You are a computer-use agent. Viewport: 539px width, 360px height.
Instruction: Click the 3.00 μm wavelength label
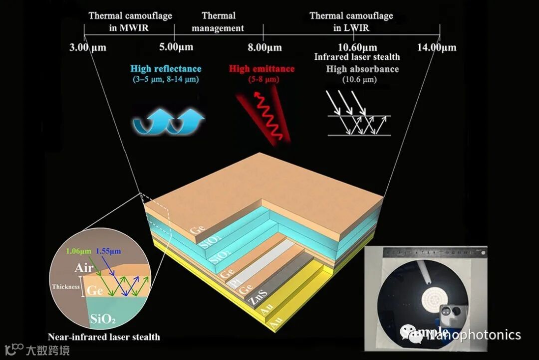(88, 48)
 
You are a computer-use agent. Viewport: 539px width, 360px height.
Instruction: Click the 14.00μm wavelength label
(437, 48)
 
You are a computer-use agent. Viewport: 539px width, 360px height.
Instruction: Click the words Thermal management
(218, 22)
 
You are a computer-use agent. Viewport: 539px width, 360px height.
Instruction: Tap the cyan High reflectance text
(166, 69)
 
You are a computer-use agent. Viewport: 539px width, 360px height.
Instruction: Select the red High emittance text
(262, 69)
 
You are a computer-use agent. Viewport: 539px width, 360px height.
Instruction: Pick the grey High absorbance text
(362, 69)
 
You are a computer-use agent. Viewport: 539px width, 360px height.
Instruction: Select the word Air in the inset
(84, 269)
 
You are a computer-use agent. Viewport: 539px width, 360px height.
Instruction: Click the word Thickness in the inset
(66, 287)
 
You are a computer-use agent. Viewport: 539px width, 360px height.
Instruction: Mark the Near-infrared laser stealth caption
(104, 337)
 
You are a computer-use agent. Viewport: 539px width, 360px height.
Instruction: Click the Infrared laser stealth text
(357, 57)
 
